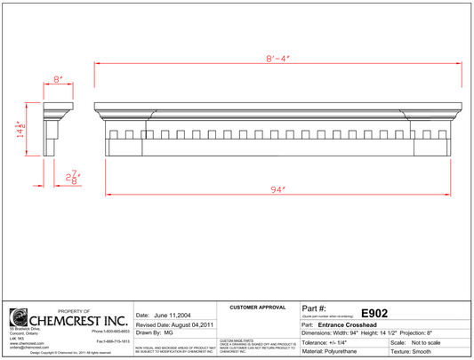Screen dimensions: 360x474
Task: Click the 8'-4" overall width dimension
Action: tap(277, 60)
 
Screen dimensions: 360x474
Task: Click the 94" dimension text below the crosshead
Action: tap(277, 191)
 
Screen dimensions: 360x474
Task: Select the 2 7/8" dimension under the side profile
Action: tap(74, 179)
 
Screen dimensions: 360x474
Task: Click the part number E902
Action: tap(374, 313)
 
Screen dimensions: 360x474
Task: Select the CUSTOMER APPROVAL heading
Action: tap(258, 308)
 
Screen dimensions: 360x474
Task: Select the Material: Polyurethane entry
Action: tap(333, 352)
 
